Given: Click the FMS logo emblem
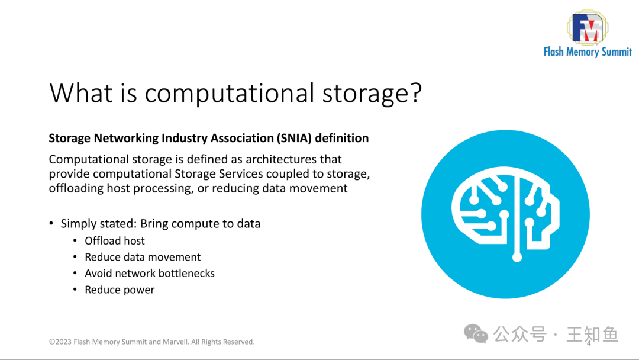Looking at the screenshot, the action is click(586, 27).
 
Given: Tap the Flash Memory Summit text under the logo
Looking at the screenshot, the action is click(588, 52).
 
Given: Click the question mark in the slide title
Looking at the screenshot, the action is click(414, 93).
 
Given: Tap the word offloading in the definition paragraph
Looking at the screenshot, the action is click(75, 188).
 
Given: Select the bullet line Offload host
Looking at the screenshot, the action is click(115, 240).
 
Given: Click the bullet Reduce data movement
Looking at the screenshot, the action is click(143, 257).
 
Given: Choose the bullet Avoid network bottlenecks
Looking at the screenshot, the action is click(150, 273).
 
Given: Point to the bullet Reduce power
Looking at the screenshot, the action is click(120, 290).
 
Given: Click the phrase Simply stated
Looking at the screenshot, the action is click(98, 224).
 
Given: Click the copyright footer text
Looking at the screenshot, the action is click(151, 342).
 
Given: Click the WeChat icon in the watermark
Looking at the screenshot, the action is click(476, 333).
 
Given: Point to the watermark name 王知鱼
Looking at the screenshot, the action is click(592, 334).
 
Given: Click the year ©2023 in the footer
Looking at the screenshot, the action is click(60, 342).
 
